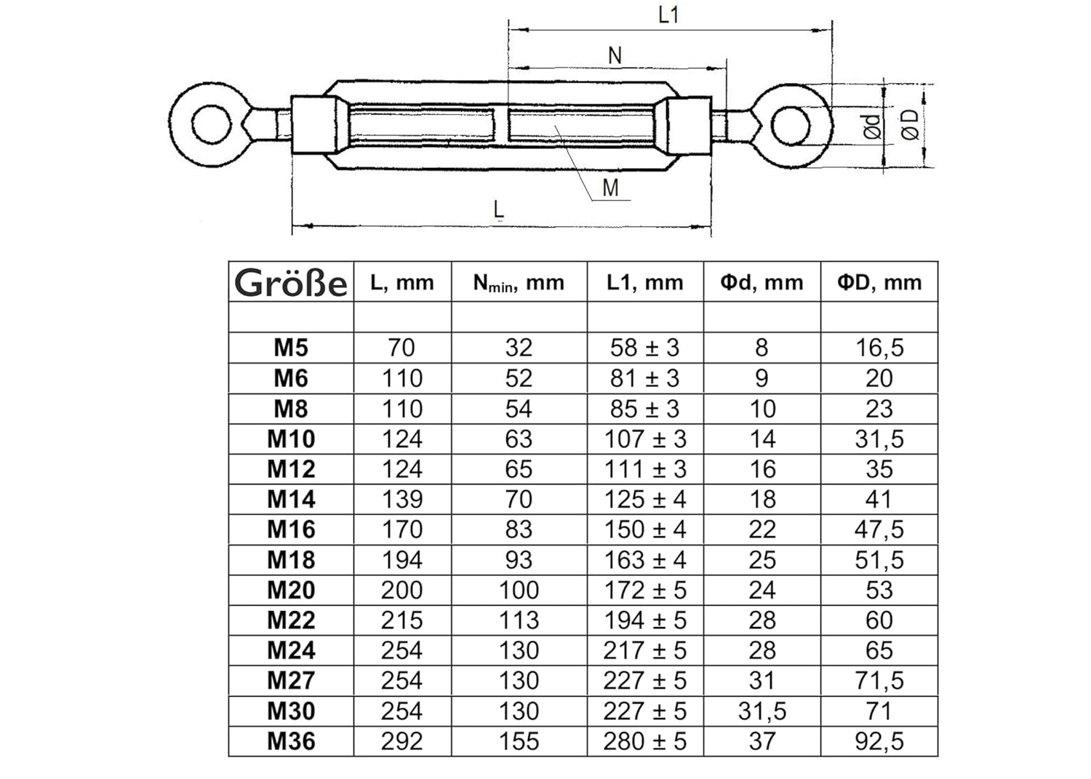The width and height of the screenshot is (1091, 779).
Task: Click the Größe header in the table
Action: [291, 282]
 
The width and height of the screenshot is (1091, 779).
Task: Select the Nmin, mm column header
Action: [519, 282]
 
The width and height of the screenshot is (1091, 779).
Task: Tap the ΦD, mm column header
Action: [879, 282]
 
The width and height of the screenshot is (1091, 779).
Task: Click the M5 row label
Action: [291, 348]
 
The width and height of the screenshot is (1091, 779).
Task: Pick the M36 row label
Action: [291, 741]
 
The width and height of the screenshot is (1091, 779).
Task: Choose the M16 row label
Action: [291, 530]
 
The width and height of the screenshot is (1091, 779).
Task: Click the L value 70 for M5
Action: [401, 348]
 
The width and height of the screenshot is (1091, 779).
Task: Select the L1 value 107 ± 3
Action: [645, 439]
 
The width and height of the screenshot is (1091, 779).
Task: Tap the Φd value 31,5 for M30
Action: [762, 711]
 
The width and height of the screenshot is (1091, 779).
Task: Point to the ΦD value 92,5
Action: [879, 741]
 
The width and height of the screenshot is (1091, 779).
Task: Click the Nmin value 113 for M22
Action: [519, 620]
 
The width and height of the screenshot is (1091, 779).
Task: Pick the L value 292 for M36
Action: [401, 741]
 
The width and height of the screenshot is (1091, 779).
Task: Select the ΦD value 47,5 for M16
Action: [879, 530]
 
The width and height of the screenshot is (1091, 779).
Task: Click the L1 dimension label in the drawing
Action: [668, 15]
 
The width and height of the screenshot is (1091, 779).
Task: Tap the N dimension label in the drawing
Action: [615, 55]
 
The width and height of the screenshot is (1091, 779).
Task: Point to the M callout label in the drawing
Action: [610, 188]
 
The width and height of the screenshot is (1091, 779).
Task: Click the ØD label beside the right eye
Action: [910, 125]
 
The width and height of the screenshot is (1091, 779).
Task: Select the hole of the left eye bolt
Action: [212, 124]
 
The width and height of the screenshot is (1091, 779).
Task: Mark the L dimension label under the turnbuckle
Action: [498, 209]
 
